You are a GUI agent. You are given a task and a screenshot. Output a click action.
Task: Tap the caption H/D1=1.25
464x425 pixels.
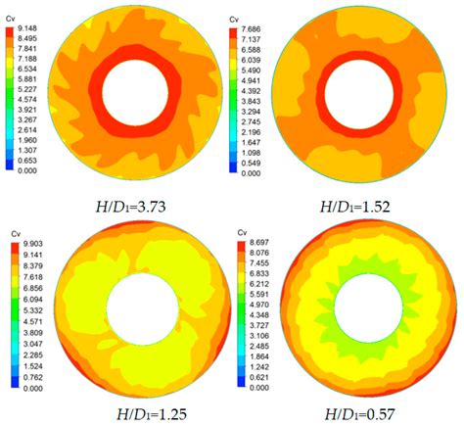click(x=145, y=411)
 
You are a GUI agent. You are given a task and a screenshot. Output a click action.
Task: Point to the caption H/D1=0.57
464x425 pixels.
click(x=364, y=411)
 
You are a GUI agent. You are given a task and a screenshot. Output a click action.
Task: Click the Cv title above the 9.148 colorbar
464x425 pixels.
click(x=11, y=18)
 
